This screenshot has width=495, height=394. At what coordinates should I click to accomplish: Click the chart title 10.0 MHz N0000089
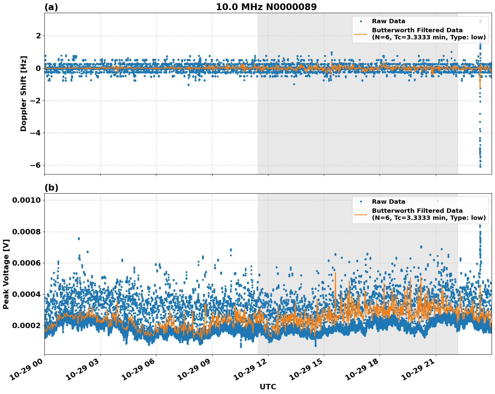pyautogui.click(x=266, y=7)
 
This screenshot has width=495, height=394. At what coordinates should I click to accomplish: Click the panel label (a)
pyautogui.click(x=51, y=7)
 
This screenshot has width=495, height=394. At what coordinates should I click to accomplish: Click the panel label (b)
pyautogui.click(x=51, y=188)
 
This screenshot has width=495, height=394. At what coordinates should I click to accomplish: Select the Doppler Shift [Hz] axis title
pyautogui.click(x=24, y=93)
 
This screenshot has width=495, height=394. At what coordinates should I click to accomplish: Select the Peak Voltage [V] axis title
pyautogui.click(x=6, y=274)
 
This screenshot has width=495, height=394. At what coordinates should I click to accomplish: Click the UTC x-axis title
pyautogui.click(x=268, y=387)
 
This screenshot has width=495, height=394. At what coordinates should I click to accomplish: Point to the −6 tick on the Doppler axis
pyautogui.click(x=36, y=165)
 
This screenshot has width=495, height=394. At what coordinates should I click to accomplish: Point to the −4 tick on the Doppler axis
pyautogui.click(x=36, y=133)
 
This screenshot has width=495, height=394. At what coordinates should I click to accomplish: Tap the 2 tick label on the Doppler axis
pyautogui.click(x=38, y=36)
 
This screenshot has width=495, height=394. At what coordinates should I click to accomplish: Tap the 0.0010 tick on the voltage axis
pyautogui.click(x=27, y=200)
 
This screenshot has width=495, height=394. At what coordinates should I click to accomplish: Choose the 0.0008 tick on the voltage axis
pyautogui.click(x=27, y=232)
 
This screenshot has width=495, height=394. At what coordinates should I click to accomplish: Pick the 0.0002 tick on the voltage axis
pyautogui.click(x=27, y=325)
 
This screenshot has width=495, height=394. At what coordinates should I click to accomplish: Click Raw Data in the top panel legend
pyautogui.click(x=388, y=22)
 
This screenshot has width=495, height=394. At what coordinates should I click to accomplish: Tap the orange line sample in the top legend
pyautogui.click(x=361, y=34)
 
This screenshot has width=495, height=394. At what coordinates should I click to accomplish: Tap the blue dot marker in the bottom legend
pyautogui.click(x=361, y=202)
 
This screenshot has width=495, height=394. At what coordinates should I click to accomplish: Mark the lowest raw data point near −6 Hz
pyautogui.click(x=480, y=167)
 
